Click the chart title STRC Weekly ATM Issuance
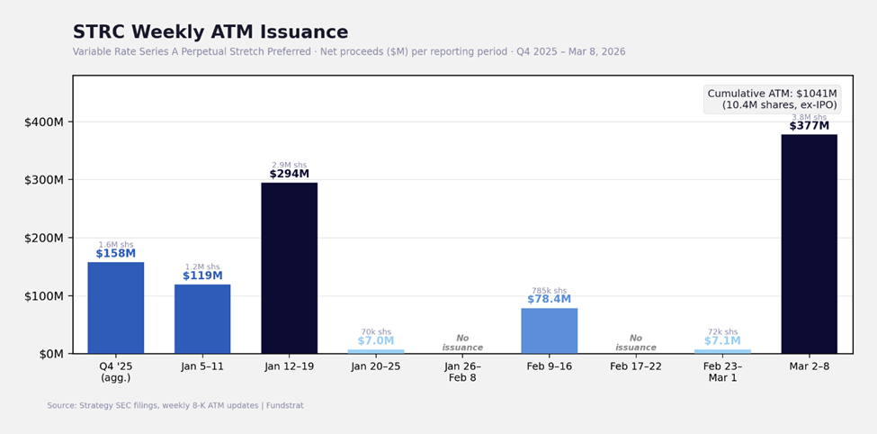[x=210, y=32]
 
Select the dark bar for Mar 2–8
[x=809, y=243]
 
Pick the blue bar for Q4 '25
[x=115, y=307]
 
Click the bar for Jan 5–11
[x=202, y=319]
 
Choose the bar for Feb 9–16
[x=549, y=330]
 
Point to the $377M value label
[x=809, y=126]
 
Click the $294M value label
[x=289, y=174]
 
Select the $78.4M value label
[x=549, y=299]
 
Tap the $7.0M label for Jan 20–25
[x=375, y=340]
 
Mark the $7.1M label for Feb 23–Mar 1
[x=722, y=340]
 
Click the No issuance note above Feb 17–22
[x=635, y=342]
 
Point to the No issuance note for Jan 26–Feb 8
[x=462, y=342]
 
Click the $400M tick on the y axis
[x=44, y=122]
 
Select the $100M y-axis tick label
[x=44, y=295]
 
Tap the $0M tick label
[x=49, y=354]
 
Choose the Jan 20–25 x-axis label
[x=375, y=366]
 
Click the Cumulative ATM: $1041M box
[x=772, y=99]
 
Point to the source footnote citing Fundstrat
[x=175, y=405]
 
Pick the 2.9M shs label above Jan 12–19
[x=289, y=165]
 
